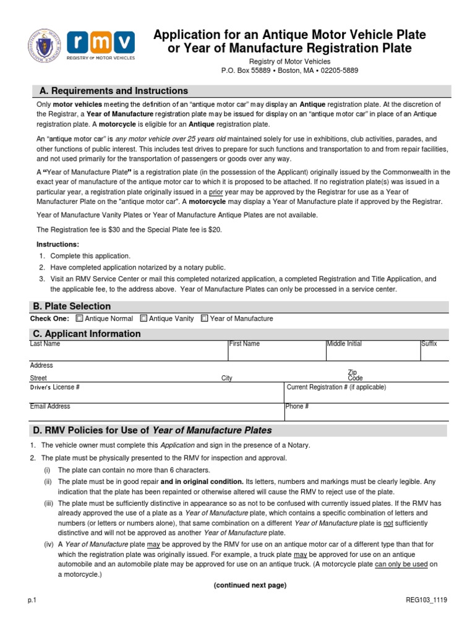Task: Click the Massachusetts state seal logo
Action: coord(45,48)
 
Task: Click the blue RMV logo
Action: coord(101,45)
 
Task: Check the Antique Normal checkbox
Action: coord(79,318)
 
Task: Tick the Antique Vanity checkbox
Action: coord(143,318)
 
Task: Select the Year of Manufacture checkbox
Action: coord(205,318)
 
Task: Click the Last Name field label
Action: coord(45,344)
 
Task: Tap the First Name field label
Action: coord(244,344)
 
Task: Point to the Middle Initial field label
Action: coord(344,344)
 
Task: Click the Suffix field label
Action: coord(429,344)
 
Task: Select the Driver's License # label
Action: coord(54,388)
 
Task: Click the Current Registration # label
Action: coord(336,387)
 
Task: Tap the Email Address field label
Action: coord(50,406)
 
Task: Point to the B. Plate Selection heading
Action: coord(72,306)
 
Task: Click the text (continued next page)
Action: coord(250,585)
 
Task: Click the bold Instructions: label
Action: coord(58,244)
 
